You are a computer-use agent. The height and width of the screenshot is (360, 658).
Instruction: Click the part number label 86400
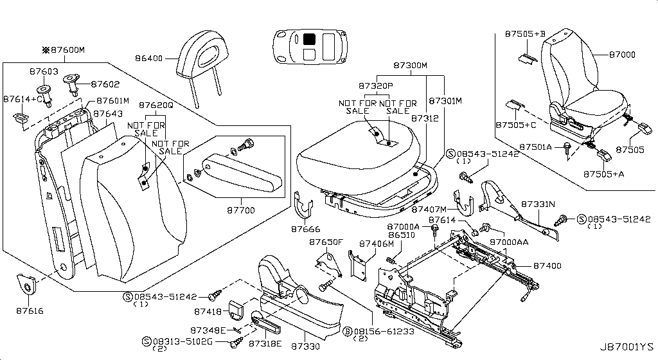coord(148,59)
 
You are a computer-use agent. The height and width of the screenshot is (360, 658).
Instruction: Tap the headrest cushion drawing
coord(204,58)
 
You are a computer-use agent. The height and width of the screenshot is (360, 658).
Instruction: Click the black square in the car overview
coord(309,39)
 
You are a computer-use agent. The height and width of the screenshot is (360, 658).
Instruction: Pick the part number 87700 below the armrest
coord(241,210)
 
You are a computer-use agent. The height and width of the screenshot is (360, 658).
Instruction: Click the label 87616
coord(30,311)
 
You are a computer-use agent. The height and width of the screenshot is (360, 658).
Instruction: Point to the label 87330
coord(305,346)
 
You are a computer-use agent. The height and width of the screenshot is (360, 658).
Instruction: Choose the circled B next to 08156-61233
coord(347,332)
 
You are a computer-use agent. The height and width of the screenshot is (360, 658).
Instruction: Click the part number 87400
coord(547,265)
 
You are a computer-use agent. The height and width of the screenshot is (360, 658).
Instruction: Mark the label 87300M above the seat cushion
coord(410,66)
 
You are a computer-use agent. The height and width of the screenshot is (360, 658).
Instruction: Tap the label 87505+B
coord(525,33)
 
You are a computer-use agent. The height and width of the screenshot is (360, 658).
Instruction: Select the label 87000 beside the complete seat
coord(622,55)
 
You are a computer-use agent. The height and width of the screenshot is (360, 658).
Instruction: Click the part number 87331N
coord(538,204)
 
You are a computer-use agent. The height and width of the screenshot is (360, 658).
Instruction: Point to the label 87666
coord(305,229)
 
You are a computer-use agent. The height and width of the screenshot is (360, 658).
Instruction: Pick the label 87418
coord(208,312)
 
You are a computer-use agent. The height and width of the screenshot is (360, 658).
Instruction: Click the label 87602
coord(105,84)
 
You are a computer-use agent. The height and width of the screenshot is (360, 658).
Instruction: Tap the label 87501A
coord(535,147)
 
